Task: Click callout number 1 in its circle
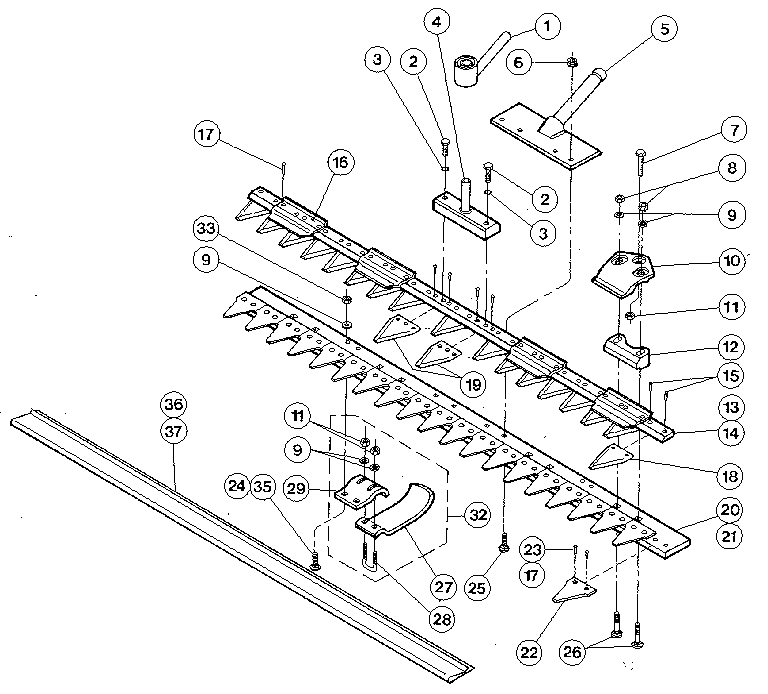pyautogui.click(x=545, y=25)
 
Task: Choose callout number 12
pyautogui.click(x=730, y=348)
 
